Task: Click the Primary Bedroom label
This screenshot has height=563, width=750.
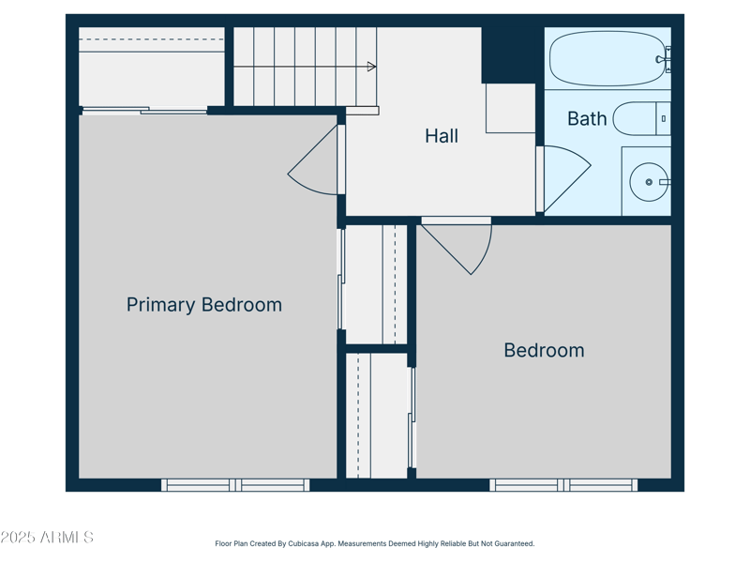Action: tap(203, 305)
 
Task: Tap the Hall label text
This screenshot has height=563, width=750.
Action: tap(442, 136)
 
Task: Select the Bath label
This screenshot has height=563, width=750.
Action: tap(587, 119)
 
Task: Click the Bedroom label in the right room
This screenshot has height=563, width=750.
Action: tap(544, 350)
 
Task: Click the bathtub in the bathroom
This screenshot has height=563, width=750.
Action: tap(606, 59)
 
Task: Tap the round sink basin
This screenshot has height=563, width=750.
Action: tap(648, 182)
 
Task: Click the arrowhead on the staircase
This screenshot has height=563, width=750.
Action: tap(371, 67)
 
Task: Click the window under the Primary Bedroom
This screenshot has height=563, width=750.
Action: tap(235, 485)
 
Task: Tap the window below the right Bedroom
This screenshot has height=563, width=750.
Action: tap(563, 485)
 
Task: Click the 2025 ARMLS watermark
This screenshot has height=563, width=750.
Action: tap(47, 538)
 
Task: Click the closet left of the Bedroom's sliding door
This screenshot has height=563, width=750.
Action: tap(376, 416)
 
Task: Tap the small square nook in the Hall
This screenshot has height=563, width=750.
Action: tap(510, 108)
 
